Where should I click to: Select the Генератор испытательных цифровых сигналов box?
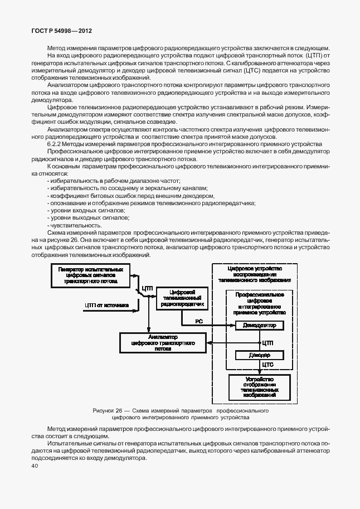tap(90, 275)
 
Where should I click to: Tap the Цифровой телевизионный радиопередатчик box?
tap(182, 298)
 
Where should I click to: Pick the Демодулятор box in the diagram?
tap(259, 325)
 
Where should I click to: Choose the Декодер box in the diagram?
tap(259, 355)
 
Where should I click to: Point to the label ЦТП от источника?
tap(106, 305)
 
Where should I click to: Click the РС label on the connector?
tap(198, 321)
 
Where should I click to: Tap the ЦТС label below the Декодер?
tap(267, 366)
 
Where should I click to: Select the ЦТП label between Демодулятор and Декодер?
tap(267, 342)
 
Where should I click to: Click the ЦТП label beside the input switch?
tap(147, 288)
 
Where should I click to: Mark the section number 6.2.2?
tap(56, 143)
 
